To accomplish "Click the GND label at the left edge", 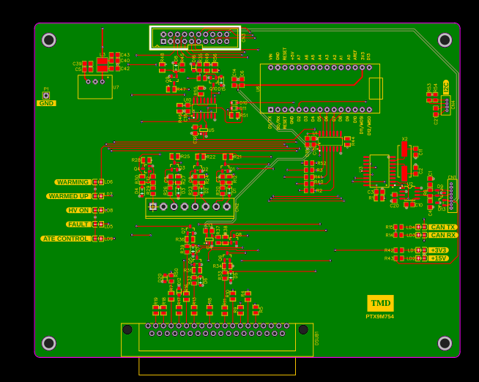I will [46, 103].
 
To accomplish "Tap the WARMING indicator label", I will [73, 182].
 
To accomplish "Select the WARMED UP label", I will [69, 196].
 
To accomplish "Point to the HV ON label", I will [78, 210].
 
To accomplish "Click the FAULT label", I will [78, 225].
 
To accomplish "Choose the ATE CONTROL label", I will [66, 239].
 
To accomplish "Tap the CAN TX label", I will [443, 227].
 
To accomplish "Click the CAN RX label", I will [443, 235].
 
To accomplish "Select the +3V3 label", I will [439, 250].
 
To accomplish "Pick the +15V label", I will [439, 258].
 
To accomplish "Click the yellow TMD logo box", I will [380, 303].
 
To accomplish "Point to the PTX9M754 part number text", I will [380, 316].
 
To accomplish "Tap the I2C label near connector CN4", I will [446, 86].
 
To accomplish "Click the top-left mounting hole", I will [49, 40].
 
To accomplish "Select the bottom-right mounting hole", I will [445, 343].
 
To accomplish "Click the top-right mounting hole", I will [445, 40].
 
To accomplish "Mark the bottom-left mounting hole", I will [49, 343].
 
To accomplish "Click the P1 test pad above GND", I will [46, 95].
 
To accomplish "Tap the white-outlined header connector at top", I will [195, 37].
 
